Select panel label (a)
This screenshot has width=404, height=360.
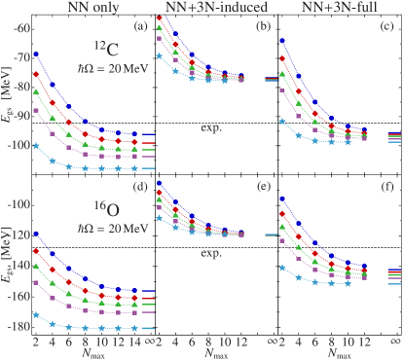tap(141, 25)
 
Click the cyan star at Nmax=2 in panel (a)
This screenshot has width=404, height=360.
tap(36, 145)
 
